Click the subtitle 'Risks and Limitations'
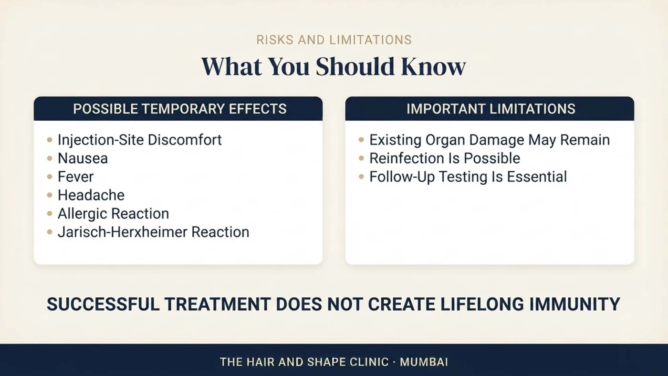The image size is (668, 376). [x=334, y=40]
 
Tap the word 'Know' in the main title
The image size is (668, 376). [x=433, y=66]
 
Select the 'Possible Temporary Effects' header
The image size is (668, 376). [x=180, y=109]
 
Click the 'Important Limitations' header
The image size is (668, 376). [x=491, y=109]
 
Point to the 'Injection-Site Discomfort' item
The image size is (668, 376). [x=139, y=140]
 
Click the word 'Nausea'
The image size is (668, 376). [x=83, y=158]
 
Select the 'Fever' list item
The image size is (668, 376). [x=75, y=177]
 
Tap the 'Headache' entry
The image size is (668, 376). [x=91, y=195]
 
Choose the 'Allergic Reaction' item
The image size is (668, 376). [x=114, y=214]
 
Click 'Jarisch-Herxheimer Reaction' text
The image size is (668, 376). [x=153, y=232]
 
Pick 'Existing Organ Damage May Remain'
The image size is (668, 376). [x=490, y=140]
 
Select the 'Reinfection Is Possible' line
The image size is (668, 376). [x=445, y=158]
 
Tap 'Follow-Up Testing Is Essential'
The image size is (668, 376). [x=468, y=177]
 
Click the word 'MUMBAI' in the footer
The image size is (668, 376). [x=424, y=362]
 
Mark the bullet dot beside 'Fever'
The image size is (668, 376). [x=50, y=177]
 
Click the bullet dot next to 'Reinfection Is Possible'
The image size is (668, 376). [x=362, y=158]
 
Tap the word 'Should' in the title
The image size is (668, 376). [x=355, y=66]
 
